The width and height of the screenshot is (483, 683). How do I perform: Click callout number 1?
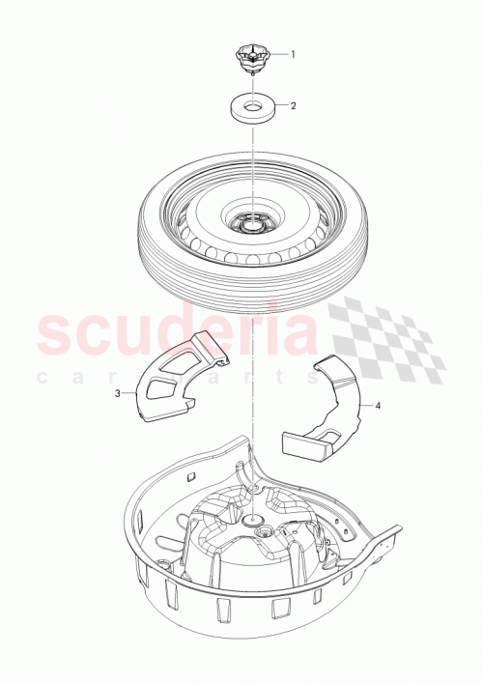(294, 54)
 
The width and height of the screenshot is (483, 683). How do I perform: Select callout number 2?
(294, 105)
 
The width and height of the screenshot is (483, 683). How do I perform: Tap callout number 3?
(118, 393)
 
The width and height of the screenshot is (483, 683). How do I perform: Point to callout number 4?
(378, 407)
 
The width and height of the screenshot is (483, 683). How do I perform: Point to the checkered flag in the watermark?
(386, 338)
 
